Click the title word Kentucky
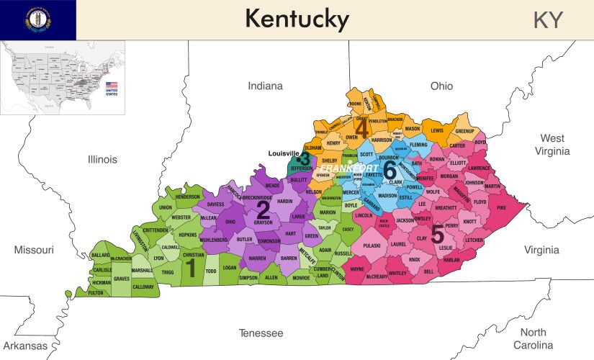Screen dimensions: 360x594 click(x=297, y=19)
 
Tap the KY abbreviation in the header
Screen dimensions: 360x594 click(x=548, y=20)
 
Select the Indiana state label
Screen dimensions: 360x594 click(x=266, y=86)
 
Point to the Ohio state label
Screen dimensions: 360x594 click(x=441, y=86)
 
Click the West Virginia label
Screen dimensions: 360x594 click(x=553, y=144)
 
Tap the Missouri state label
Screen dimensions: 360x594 click(x=34, y=250)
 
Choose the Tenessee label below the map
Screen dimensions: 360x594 click(x=261, y=333)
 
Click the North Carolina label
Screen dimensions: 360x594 click(x=534, y=338)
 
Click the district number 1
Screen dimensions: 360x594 click(x=190, y=267)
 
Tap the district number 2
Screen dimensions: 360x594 click(x=263, y=210)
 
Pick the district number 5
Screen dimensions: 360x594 click(x=437, y=233)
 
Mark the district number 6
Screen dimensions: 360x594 click(x=390, y=170)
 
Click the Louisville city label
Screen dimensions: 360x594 click(x=283, y=153)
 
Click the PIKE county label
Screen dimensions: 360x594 click(x=501, y=207)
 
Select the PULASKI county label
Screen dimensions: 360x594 click(x=372, y=246)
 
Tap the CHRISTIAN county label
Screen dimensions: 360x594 click(x=193, y=255)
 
